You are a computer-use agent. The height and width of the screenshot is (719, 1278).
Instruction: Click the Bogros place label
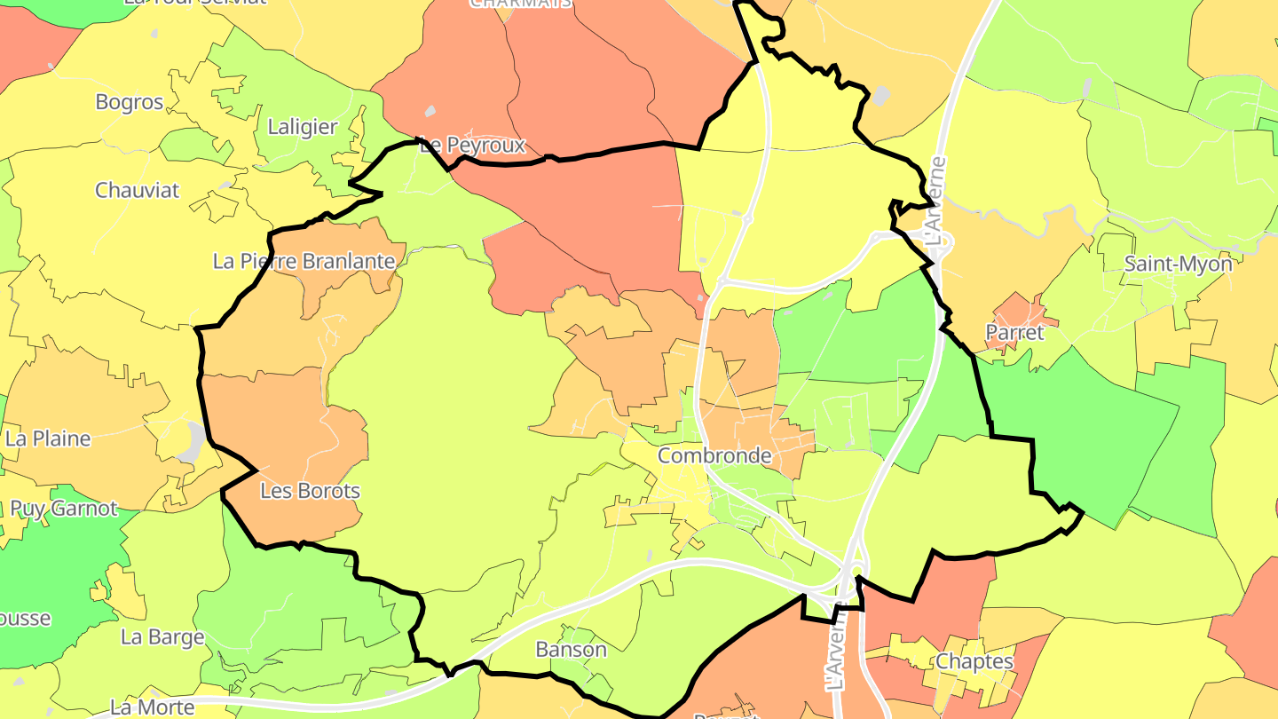coord(130,102)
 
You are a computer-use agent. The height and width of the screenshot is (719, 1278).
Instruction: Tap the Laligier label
coord(303,127)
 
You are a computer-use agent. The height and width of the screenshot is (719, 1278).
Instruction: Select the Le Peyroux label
coord(472,145)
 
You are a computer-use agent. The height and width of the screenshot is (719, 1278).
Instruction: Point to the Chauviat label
coord(137,190)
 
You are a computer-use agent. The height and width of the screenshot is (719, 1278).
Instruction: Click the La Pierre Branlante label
coord(304,261)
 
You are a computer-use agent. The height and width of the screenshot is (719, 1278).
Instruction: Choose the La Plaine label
coord(48,439)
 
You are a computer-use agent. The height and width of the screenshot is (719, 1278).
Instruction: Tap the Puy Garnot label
coord(64,509)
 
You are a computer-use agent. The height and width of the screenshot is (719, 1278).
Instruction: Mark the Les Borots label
coord(311,491)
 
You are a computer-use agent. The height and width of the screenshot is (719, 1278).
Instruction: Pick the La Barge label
coord(162,637)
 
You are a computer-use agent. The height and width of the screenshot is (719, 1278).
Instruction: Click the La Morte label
coord(153,707)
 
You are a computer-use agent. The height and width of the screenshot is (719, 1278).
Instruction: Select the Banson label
coord(572,650)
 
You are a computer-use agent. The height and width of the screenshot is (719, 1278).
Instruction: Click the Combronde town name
coord(714,456)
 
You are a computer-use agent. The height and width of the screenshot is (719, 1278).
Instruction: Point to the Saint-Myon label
coord(1179,264)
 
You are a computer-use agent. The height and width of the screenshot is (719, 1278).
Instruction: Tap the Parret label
coord(1015,334)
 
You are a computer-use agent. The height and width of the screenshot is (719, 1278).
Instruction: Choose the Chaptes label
coord(974,661)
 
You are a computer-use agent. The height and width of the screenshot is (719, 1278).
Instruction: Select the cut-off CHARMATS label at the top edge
coord(521,4)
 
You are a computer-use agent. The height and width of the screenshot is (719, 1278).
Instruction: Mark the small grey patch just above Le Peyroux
coord(430,111)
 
